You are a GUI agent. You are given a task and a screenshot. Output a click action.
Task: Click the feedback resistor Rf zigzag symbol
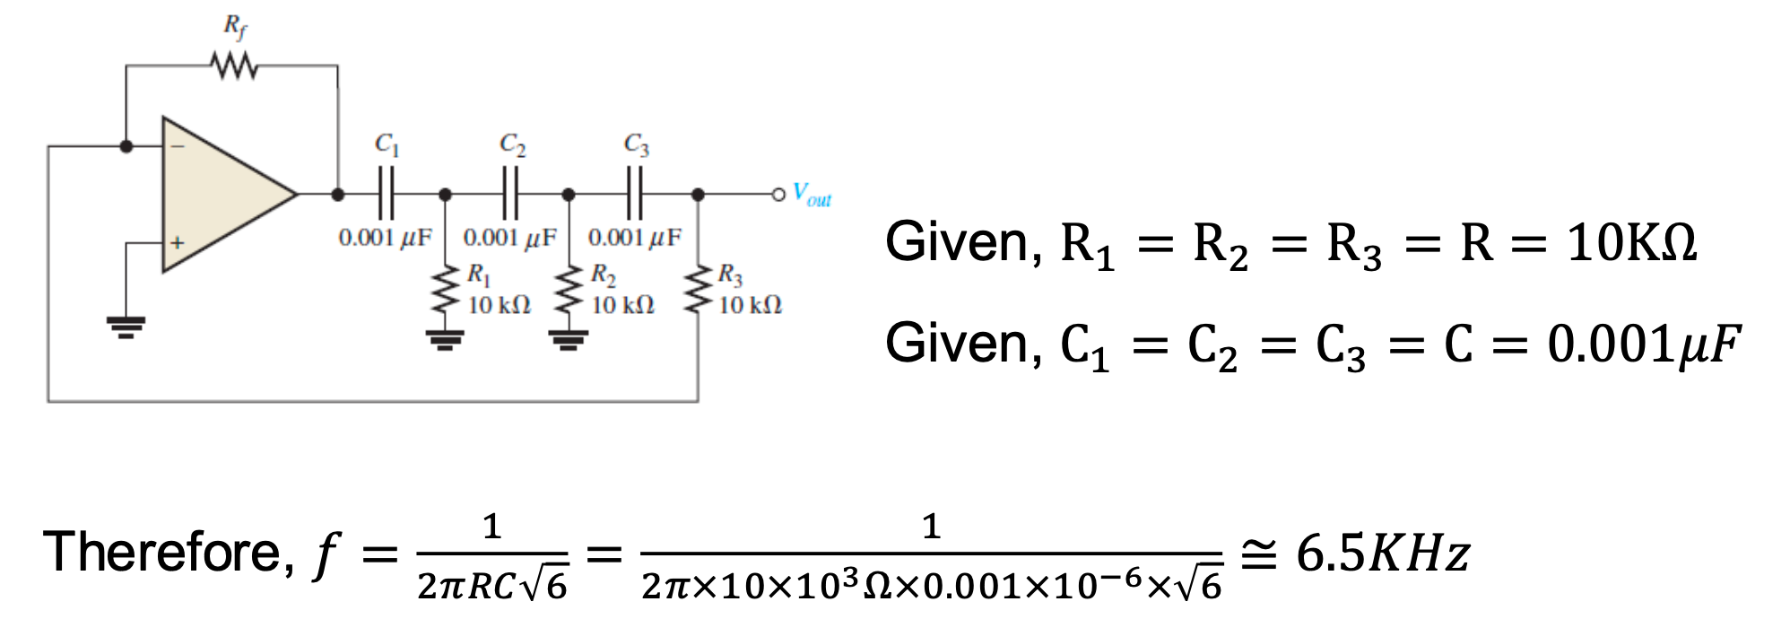pos(234,66)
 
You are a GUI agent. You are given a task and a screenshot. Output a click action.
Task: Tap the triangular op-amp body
pos(220,193)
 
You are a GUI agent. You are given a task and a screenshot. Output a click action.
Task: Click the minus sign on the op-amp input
pos(178,146)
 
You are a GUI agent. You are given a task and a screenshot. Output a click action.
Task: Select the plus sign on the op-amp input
pos(178,242)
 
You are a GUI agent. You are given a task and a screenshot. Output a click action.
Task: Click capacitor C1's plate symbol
pos(387,193)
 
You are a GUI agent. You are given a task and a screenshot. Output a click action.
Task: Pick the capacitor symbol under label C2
pos(510,193)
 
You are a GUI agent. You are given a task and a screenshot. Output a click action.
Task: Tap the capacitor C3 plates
pos(635,193)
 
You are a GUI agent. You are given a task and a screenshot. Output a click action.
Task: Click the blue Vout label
pos(812,195)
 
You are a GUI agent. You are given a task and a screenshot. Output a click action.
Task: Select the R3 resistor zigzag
pos(698,290)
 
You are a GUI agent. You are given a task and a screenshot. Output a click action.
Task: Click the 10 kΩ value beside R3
pos(750,306)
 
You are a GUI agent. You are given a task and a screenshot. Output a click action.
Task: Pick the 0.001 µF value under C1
pos(385,238)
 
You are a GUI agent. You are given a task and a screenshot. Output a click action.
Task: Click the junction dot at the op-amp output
pos(338,194)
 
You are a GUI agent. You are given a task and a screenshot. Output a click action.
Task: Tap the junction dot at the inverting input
pos(126,146)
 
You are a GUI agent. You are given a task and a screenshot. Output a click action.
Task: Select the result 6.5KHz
pos(1382,553)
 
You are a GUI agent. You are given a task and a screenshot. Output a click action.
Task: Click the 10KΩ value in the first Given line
pos(1631,242)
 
